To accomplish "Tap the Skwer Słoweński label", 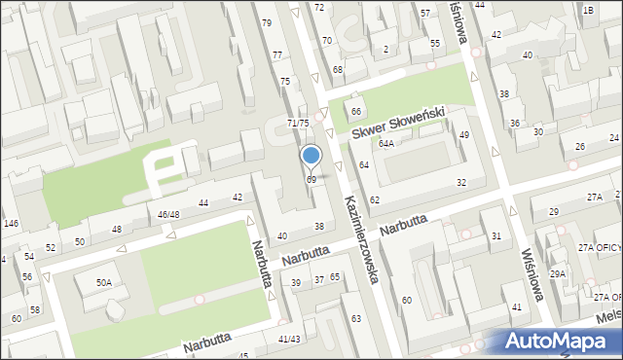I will [398, 123].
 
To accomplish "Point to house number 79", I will [267, 22].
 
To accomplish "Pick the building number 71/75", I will [298, 123].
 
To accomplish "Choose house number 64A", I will [386, 143].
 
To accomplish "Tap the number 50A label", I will [103, 282].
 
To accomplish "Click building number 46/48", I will [168, 214].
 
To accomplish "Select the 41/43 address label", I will [289, 339].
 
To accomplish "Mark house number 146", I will [11, 224].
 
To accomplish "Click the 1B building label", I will [587, 10].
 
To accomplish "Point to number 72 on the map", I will [318, 7].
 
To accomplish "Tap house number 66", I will [356, 112].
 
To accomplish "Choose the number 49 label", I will [464, 134].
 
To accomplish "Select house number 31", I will [495, 236].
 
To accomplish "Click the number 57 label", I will [424, 14].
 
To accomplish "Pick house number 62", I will [375, 199].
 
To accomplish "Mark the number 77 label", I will [277, 55].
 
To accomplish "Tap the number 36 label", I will [514, 123].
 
